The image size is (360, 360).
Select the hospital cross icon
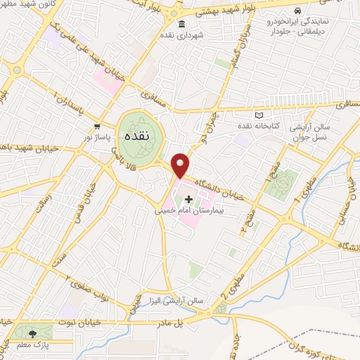188,200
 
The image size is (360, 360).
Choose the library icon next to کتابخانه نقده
259,115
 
